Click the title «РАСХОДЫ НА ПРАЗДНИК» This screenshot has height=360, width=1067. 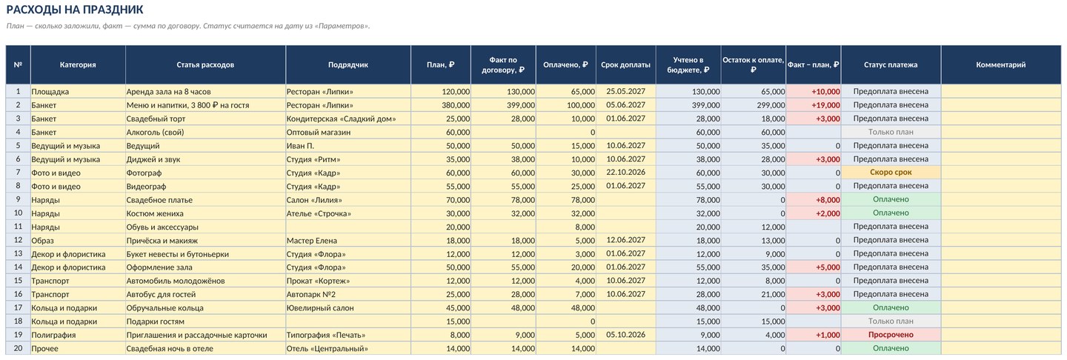75,10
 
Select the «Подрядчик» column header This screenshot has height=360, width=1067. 348,64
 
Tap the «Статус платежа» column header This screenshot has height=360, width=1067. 891,64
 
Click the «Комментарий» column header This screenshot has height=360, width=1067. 1001,64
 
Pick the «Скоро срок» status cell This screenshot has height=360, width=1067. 891,173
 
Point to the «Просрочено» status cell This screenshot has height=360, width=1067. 891,335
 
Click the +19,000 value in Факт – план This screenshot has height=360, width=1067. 825,105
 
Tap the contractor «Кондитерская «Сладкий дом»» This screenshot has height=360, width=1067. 341,119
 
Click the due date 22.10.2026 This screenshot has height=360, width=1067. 625,173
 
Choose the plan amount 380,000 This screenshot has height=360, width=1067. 456,105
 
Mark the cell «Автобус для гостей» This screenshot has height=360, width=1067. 161,294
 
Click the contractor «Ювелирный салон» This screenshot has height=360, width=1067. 320,308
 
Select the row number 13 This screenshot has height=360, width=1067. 18,254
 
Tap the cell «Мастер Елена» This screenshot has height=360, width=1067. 311,241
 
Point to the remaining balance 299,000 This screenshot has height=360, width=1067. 771,105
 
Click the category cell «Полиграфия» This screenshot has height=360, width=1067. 53,335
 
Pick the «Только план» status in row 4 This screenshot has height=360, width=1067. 891,132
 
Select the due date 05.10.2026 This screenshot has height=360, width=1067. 625,335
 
